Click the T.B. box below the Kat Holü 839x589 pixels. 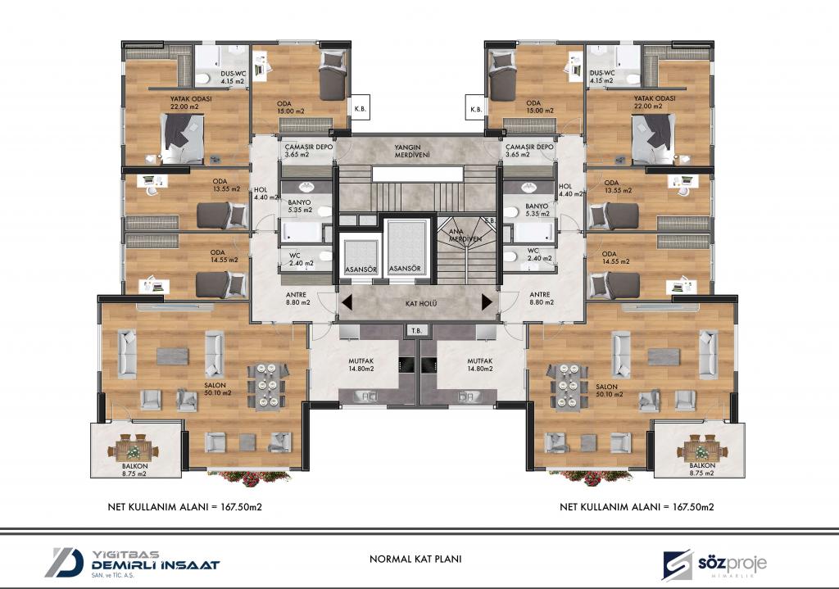416,330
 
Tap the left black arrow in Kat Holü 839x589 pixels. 347,302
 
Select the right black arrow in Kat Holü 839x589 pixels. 487,302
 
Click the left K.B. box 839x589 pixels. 361,109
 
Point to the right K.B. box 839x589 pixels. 476,109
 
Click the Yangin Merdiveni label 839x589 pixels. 408,151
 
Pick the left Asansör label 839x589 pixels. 361,269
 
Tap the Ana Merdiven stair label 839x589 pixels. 465,235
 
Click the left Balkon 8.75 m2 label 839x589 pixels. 135,469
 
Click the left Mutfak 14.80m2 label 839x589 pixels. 361,365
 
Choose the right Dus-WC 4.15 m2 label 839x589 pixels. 602,76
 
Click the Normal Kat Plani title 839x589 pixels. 415,559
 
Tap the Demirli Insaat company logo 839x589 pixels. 132,563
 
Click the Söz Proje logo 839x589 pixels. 714,564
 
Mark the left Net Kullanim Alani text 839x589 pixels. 184,506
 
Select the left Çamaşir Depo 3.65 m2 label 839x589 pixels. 309,151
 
